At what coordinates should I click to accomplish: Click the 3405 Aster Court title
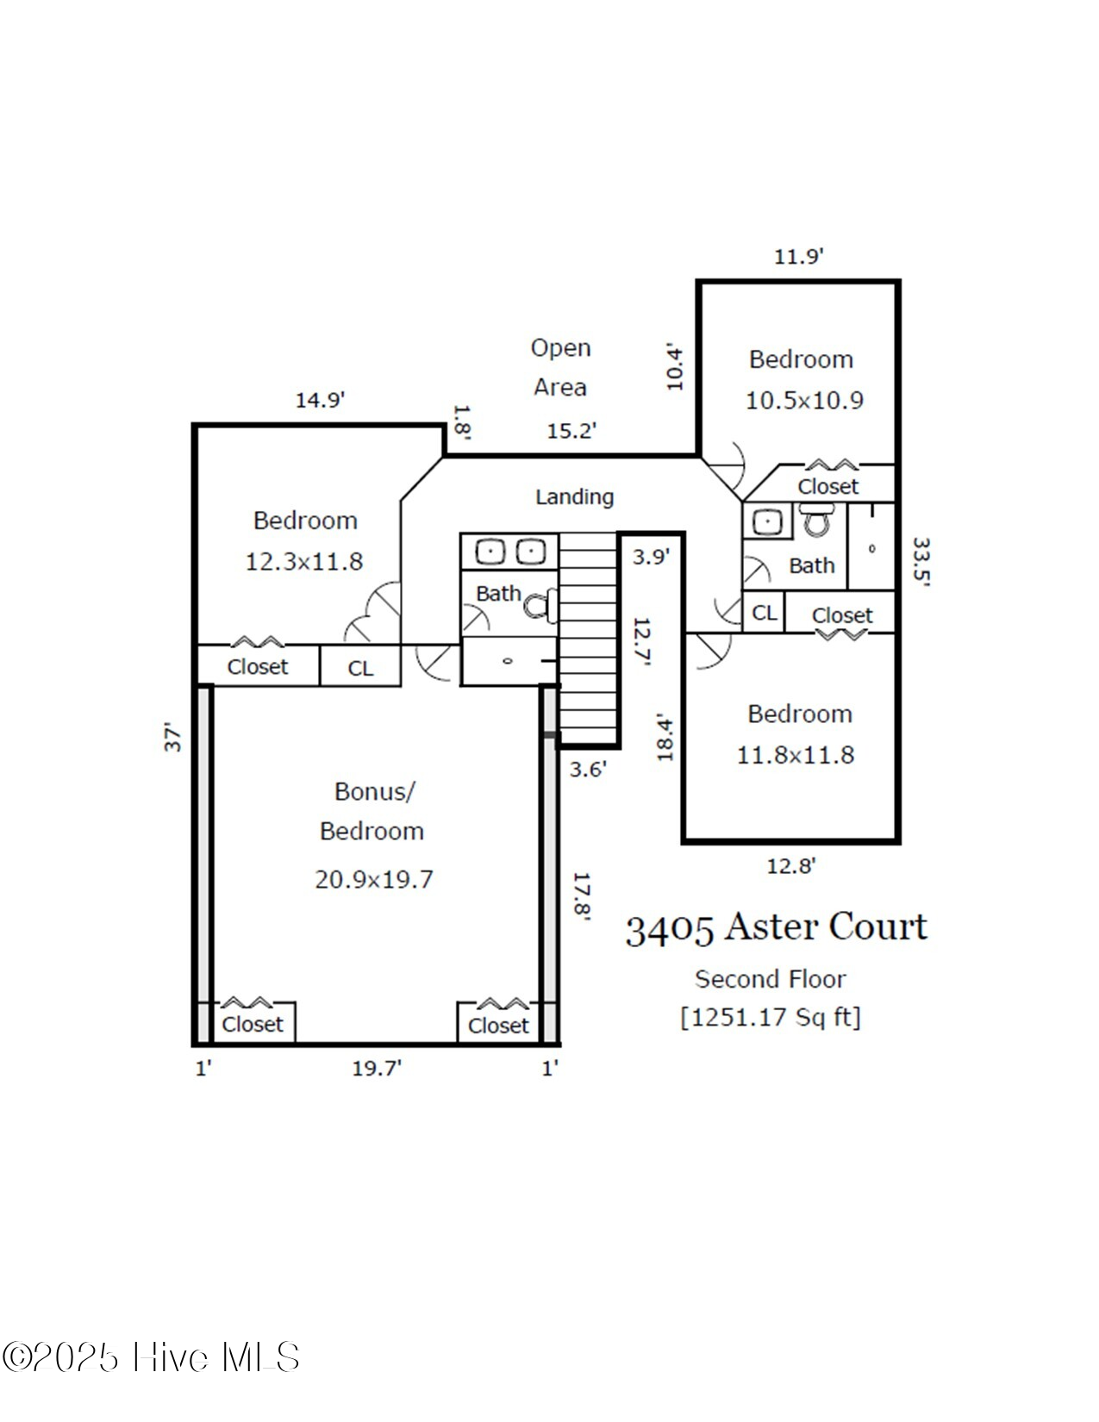coord(776,928)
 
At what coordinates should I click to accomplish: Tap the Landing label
coord(574,497)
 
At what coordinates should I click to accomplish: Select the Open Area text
coord(560,368)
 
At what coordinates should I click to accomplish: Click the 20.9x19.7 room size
coord(373,880)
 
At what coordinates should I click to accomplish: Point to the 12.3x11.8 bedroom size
coord(304,562)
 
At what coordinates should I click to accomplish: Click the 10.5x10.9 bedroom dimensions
coord(803,401)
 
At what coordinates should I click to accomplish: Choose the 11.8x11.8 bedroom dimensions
coord(795,756)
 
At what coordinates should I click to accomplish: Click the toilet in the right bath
coord(815,520)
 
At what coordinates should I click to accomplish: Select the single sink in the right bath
coord(765,521)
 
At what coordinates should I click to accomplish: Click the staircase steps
coord(589,638)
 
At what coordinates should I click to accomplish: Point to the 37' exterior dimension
coord(173,738)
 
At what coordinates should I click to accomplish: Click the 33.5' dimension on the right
coord(921,562)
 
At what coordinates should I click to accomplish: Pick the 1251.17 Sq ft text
coord(770,1018)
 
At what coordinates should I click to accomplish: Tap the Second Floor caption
coord(770,980)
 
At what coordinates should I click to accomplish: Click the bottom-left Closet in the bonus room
coord(252,1025)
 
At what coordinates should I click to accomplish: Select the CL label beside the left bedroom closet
coord(360,669)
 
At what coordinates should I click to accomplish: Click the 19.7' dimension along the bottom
coord(377,1069)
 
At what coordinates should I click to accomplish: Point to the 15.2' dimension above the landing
coord(571,431)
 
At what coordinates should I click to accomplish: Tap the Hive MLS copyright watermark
coord(151,1358)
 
